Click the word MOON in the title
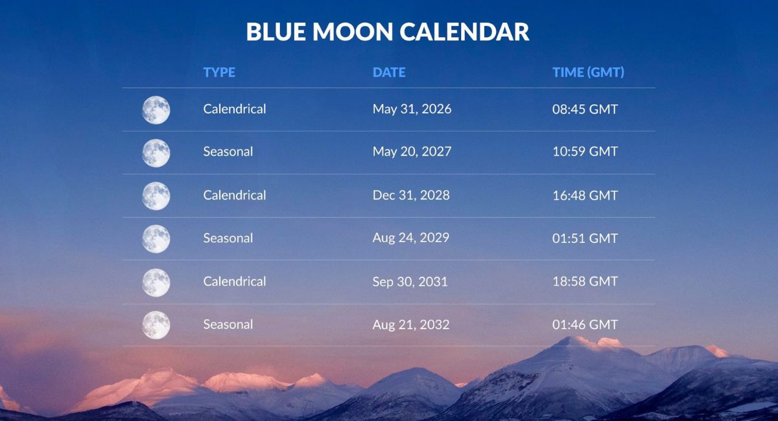tap(353, 32)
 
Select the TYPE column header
tap(219, 72)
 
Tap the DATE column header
tap(389, 72)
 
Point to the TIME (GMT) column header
tap(589, 72)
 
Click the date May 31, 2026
tap(412, 109)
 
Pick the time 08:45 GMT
tap(585, 109)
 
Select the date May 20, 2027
tap(412, 152)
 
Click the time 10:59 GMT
tap(585, 152)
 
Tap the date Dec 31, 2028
tap(411, 196)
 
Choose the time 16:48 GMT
tap(585, 196)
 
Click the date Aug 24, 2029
tap(411, 238)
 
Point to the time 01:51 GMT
tap(585, 238)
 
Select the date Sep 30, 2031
tap(410, 282)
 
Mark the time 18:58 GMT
tap(585, 282)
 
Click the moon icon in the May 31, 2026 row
tap(156, 110)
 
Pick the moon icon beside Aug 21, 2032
tap(156, 325)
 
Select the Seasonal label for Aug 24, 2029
tap(228, 238)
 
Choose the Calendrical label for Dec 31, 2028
tap(235, 195)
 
